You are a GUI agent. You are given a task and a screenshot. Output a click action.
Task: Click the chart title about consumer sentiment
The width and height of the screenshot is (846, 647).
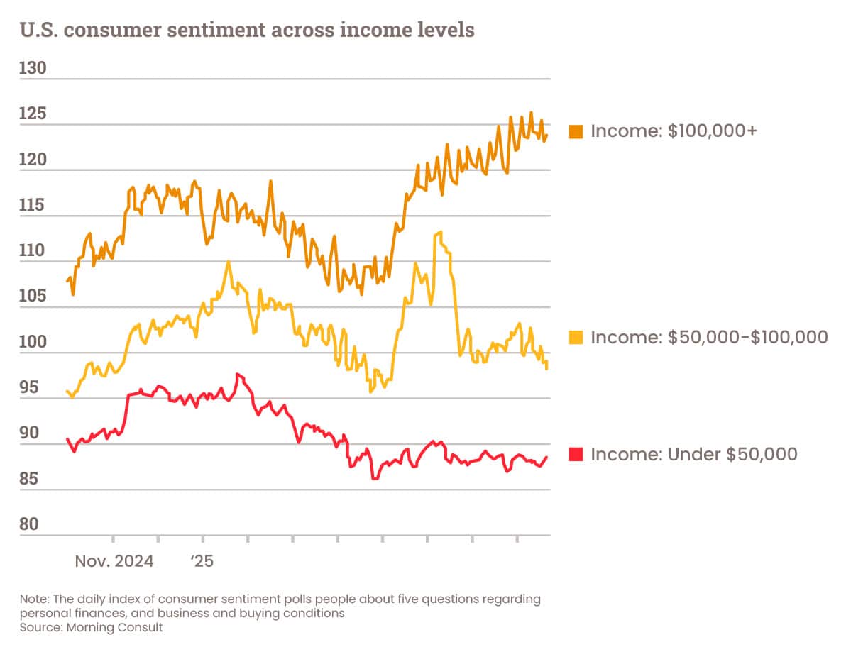(247, 31)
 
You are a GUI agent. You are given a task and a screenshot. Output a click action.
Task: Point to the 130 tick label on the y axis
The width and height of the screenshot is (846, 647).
(33, 69)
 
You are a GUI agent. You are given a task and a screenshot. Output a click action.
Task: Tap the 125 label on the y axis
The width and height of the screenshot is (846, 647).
(33, 115)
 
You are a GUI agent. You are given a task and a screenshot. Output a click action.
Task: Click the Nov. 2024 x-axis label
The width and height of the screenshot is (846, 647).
(114, 562)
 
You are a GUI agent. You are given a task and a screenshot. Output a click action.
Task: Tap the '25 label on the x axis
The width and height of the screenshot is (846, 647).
(202, 562)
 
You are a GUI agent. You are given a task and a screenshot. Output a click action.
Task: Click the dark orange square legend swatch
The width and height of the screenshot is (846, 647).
(576, 131)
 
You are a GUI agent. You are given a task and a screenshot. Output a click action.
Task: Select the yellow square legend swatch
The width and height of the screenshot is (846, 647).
(576, 338)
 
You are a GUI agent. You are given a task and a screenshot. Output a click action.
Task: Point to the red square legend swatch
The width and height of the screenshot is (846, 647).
(576, 455)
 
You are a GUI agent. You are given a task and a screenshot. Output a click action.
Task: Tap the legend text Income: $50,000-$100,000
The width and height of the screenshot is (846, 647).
(709, 338)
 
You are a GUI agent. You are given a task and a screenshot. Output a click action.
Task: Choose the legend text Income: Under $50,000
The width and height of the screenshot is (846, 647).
(693, 455)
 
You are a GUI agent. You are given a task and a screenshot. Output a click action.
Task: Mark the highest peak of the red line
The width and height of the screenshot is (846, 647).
(238, 374)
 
